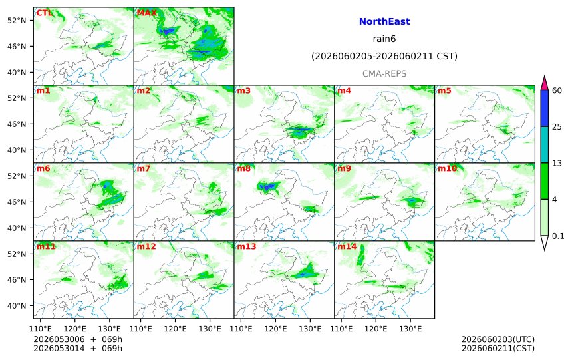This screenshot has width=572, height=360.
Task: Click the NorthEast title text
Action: tap(384, 21)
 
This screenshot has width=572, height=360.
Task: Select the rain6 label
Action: tap(384, 39)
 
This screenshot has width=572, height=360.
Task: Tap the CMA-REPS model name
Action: tap(384, 73)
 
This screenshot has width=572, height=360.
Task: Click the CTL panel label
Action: tap(44, 13)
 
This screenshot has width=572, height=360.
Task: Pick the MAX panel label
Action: tap(146, 13)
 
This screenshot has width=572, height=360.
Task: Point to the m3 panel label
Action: tap(243, 90)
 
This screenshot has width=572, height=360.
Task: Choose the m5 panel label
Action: tap(444, 90)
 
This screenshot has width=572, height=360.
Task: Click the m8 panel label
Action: tap(243, 168)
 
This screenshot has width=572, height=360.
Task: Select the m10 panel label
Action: tap(447, 168)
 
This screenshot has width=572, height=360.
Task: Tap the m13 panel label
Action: tap(247, 246)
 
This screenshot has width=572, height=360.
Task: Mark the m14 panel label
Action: tap(347, 246)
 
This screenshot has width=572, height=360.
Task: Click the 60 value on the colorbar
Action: tap(557, 90)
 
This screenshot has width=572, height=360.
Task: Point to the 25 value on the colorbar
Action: tap(557, 127)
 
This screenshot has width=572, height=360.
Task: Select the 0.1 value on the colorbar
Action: tap(558, 236)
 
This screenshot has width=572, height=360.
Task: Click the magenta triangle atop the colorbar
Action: tap(544, 84)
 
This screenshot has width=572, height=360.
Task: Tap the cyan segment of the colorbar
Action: tap(544, 144)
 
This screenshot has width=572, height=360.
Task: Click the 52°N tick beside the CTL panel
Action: tap(17, 21)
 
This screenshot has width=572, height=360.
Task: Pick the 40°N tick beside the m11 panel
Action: tap(17, 306)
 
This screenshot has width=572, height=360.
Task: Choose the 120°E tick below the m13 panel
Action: tap(275, 329)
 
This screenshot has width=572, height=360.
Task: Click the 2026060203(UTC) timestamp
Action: tap(498, 340)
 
